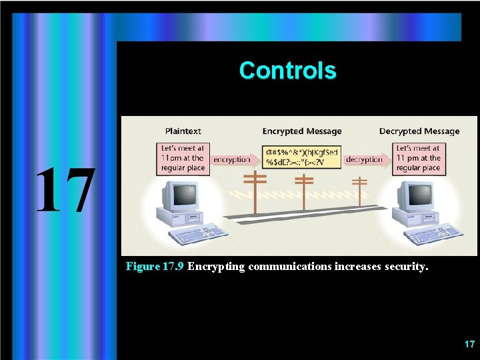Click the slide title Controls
pos(287,70)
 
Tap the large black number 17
pos(64,191)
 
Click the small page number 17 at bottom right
pos(469,344)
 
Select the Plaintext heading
pos(183,131)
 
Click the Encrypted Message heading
pos(301,131)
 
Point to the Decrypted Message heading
pos(419,131)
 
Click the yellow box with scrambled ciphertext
pos(301,157)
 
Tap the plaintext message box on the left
pos(183,158)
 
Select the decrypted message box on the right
pos(419,158)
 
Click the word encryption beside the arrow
pos(231,159)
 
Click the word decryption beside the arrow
pos(364,159)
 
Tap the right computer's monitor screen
pos(419,196)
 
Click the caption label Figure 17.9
pos(155,267)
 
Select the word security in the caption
pos(405,267)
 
